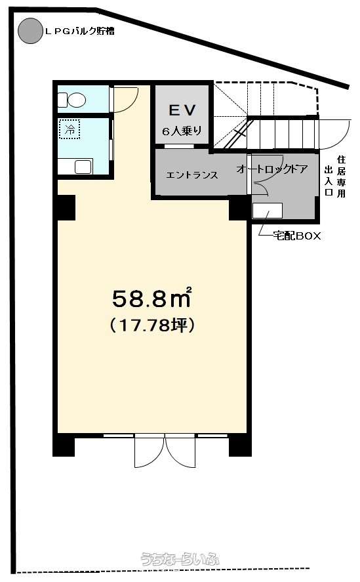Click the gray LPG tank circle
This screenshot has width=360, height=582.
pyautogui.click(x=30, y=31)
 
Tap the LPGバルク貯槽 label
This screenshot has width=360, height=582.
pyautogui.click(x=79, y=31)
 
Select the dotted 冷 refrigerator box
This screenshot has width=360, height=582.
pyautogui.click(x=70, y=129)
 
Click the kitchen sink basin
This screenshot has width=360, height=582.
pyautogui.click(x=83, y=167)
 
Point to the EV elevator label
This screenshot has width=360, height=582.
pyautogui.click(x=182, y=110)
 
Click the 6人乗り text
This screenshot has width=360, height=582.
pyautogui.click(x=182, y=131)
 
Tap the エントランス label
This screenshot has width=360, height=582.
pyautogui.click(x=192, y=175)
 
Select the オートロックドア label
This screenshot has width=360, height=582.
pyautogui.click(x=272, y=169)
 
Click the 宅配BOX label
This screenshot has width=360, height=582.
pyautogui.click(x=296, y=236)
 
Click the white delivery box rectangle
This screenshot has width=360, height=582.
pyautogui.click(x=268, y=211)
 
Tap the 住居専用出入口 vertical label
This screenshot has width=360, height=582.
pyautogui.click(x=335, y=177)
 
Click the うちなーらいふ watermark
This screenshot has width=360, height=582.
pyautogui.click(x=180, y=559)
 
